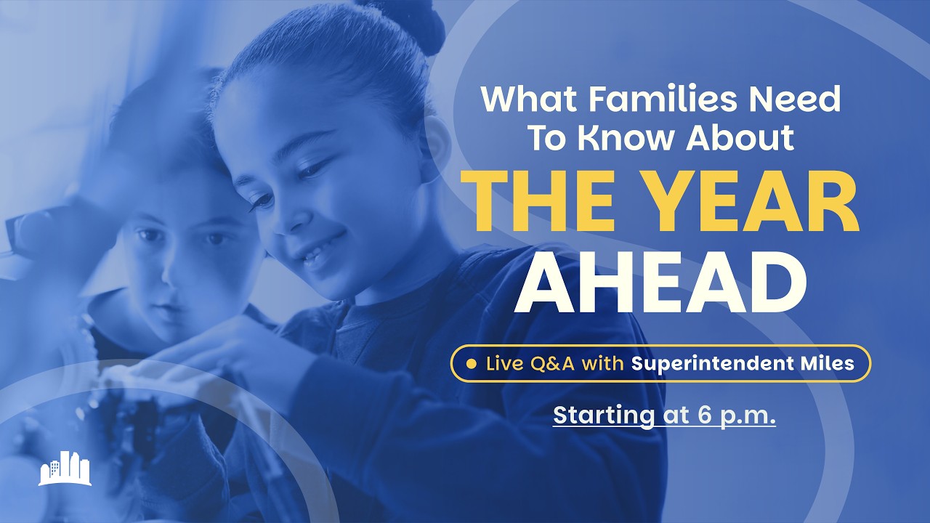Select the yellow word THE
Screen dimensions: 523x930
(534, 203)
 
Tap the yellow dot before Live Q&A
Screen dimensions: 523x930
(472, 363)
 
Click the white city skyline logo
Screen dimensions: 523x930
(65, 469)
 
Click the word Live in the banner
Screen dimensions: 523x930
(504, 363)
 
